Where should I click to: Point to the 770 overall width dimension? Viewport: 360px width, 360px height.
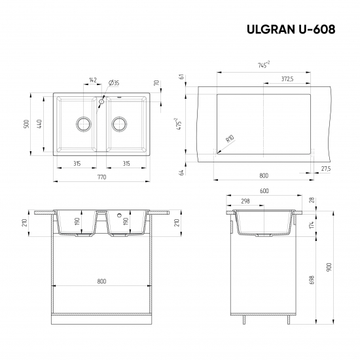pos(101,178)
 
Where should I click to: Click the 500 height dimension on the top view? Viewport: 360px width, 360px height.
pos(27,124)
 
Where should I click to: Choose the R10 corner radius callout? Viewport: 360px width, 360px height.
pos(230,139)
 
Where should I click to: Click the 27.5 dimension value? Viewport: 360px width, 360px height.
pos(326,169)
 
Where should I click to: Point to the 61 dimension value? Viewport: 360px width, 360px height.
pos(180,77)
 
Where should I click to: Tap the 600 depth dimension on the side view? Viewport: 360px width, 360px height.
pos(264,191)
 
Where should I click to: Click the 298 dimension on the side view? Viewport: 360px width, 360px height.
pos(245,202)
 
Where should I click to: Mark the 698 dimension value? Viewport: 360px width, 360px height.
pos(313,279)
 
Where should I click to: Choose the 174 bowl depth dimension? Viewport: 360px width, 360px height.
pos(313,225)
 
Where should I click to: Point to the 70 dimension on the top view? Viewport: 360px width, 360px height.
pos(158,83)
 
